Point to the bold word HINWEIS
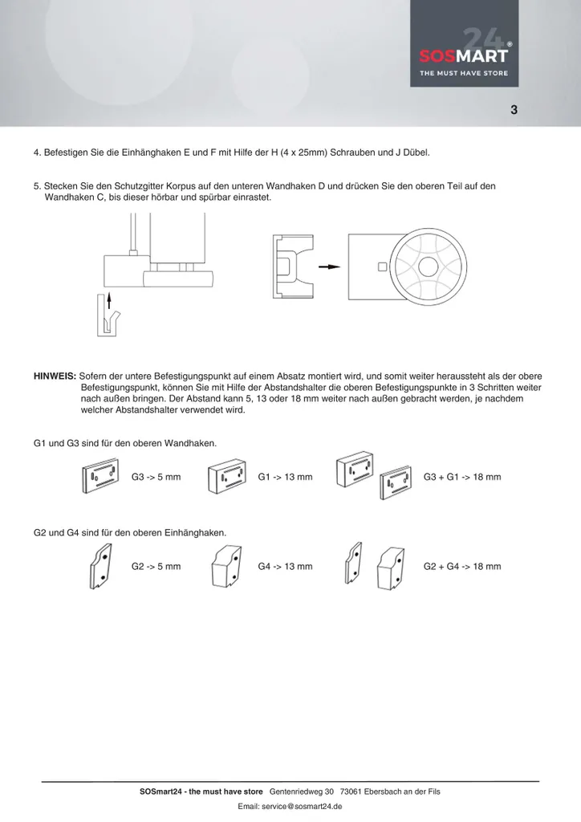[x=55, y=376]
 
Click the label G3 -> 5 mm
[x=156, y=477]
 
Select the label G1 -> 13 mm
[x=285, y=477]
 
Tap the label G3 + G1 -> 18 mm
[x=462, y=477]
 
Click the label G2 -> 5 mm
[x=156, y=566]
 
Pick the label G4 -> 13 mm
[x=285, y=566]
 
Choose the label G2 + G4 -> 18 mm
[x=462, y=566]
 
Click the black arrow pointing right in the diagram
[x=329, y=267]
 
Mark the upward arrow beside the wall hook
[x=109, y=307]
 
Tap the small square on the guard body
[x=382, y=267]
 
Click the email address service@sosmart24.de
[x=290, y=806]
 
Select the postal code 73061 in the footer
[x=351, y=791]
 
